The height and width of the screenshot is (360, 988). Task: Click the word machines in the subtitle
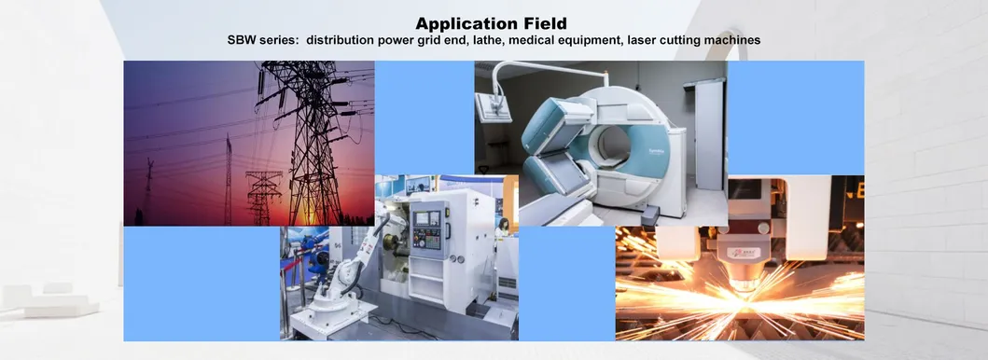tap(734, 40)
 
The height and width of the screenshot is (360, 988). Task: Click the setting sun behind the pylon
tap(307, 214)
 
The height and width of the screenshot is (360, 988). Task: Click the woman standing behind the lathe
tap(503, 228)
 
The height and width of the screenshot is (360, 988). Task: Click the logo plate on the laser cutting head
tap(744, 253)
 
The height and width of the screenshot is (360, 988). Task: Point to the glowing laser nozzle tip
tap(744, 286)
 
